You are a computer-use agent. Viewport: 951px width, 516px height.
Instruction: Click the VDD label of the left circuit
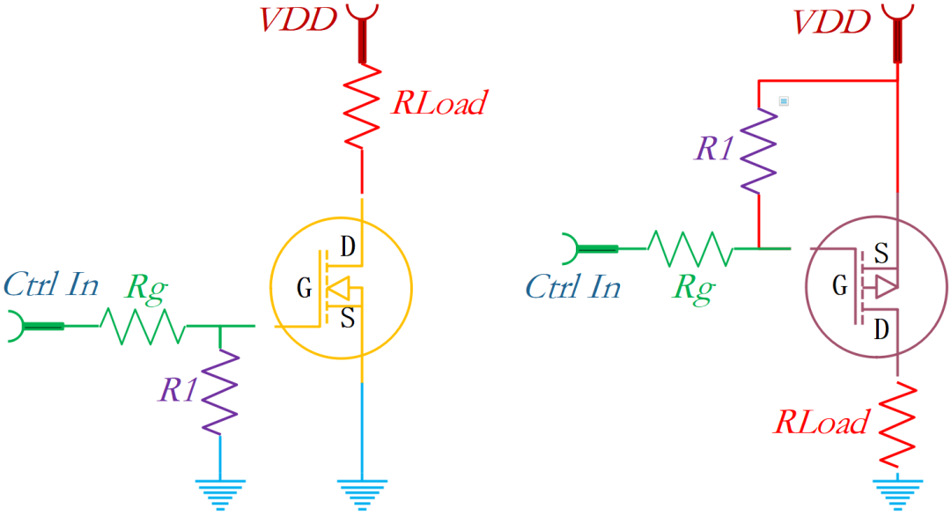tap(299, 19)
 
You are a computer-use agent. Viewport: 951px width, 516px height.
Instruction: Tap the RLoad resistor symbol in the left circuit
tap(361, 109)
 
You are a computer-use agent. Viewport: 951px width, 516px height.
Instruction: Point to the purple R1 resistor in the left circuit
tap(220, 391)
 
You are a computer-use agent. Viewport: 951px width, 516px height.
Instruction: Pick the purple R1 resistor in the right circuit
tap(758, 150)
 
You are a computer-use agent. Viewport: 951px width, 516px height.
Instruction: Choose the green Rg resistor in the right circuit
tap(689, 249)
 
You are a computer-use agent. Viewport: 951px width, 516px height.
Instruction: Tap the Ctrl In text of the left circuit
tap(51, 284)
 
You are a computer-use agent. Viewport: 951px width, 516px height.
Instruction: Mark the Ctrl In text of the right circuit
tap(572, 286)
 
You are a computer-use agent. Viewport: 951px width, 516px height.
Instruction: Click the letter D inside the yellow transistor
tap(348, 247)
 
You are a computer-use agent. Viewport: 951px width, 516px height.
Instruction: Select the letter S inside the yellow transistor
tap(348, 318)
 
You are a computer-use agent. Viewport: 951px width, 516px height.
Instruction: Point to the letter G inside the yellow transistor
tap(304, 288)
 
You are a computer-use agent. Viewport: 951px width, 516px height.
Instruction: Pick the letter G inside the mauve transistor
tap(840, 286)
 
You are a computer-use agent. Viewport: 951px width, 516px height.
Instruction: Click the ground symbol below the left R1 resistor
tap(220, 493)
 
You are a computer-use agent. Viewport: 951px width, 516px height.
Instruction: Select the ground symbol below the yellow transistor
tap(361, 493)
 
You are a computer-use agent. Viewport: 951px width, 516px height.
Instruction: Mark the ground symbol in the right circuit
tap(896, 494)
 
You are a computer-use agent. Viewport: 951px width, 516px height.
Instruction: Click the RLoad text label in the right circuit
tap(821, 423)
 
